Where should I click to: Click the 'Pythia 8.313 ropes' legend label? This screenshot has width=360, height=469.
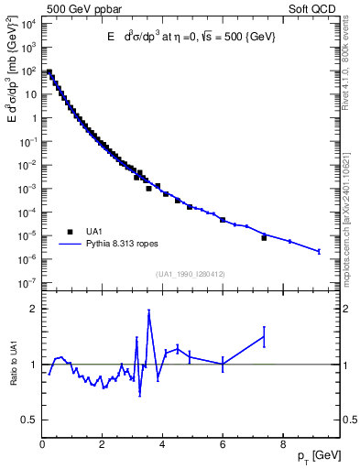point(122,245)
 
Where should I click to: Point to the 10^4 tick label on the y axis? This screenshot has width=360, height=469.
point(28,24)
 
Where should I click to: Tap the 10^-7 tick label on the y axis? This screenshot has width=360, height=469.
point(28,283)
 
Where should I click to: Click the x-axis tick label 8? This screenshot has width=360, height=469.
point(283,446)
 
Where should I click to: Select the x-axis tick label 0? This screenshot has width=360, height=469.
point(43,446)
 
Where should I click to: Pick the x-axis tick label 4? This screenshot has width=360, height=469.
point(163,446)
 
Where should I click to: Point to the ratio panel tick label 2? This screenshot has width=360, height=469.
point(33,309)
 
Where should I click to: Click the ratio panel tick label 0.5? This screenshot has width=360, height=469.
point(30,420)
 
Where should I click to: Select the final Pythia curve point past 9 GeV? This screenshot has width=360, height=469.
point(319,251)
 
